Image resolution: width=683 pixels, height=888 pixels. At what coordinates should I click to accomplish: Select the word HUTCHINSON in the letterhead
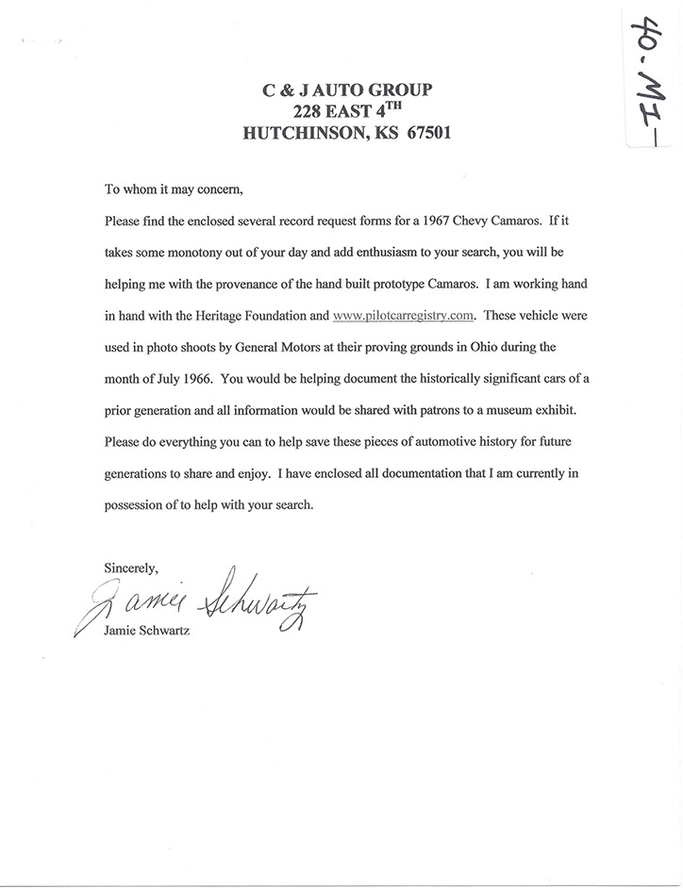(x=301, y=133)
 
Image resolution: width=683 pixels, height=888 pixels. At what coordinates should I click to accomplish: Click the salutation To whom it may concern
(x=173, y=189)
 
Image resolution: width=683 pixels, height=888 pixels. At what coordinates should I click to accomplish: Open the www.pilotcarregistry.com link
(x=403, y=316)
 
